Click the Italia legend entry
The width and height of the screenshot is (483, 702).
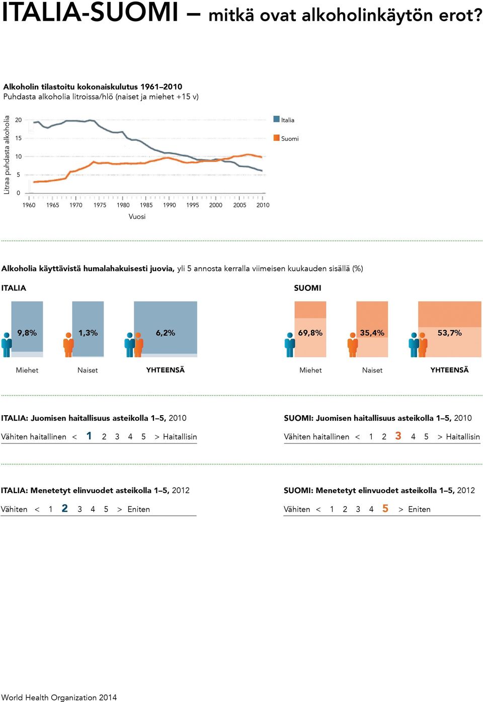(284, 120)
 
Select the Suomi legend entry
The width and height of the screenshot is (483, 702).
(286, 138)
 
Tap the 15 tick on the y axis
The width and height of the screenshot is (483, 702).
(18, 138)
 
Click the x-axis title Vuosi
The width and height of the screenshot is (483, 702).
(137, 216)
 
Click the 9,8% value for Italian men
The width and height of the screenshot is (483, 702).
(27, 333)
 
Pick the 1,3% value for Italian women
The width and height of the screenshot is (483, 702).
(88, 333)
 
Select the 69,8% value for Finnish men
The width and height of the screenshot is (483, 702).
(310, 333)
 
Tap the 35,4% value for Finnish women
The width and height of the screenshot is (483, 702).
(372, 333)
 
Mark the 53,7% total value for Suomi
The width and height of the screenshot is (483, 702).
(449, 333)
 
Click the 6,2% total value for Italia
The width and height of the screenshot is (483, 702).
(166, 333)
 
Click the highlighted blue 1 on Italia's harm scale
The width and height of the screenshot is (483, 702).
(89, 436)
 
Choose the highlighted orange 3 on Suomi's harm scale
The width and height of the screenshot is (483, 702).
(398, 436)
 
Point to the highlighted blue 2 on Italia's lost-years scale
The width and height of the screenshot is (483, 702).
(65, 508)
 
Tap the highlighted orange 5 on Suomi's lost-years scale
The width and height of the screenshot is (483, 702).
(385, 508)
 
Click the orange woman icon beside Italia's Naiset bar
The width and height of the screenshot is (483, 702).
(68, 345)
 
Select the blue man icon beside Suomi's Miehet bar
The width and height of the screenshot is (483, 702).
(290, 345)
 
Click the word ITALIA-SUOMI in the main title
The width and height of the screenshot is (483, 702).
(90, 13)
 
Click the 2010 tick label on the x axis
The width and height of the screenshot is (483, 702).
(263, 205)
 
